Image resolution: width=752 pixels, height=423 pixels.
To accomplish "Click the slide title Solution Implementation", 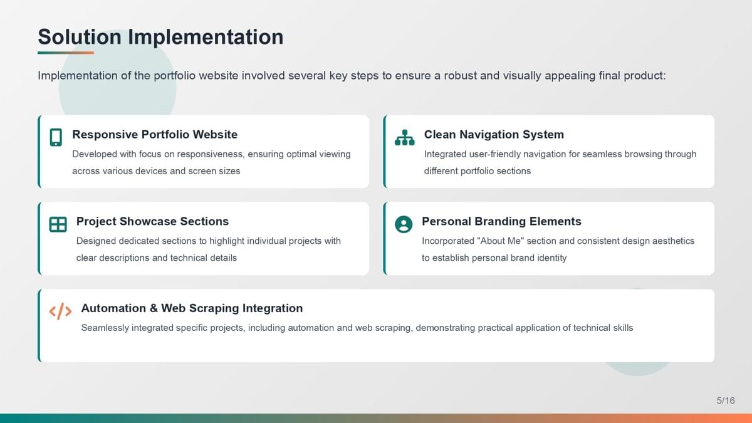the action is coord(160,37).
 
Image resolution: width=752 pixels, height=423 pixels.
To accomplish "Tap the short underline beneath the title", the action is coord(66,53).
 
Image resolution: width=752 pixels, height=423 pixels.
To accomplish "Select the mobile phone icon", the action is coord(56,137).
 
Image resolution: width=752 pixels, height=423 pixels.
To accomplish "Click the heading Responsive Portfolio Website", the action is coord(155,134).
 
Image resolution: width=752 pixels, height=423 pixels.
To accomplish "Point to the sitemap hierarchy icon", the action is coord(405,137).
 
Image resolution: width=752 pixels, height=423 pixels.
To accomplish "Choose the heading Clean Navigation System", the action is coord(494,134).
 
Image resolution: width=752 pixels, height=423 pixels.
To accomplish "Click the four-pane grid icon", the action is coord(58,224).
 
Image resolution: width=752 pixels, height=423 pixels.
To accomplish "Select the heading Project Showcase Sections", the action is coord(152,221).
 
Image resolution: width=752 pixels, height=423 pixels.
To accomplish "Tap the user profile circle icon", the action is coord(404,224).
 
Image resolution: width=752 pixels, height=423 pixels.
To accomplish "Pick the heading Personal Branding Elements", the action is coord(501,221).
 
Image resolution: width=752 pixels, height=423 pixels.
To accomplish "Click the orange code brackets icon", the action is coord(60,311).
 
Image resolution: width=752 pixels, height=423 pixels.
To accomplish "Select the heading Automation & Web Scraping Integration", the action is coord(192,308).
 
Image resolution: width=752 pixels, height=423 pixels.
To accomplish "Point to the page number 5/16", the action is coord(726,400).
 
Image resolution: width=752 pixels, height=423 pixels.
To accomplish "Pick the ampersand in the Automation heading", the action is coord(154,308).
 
